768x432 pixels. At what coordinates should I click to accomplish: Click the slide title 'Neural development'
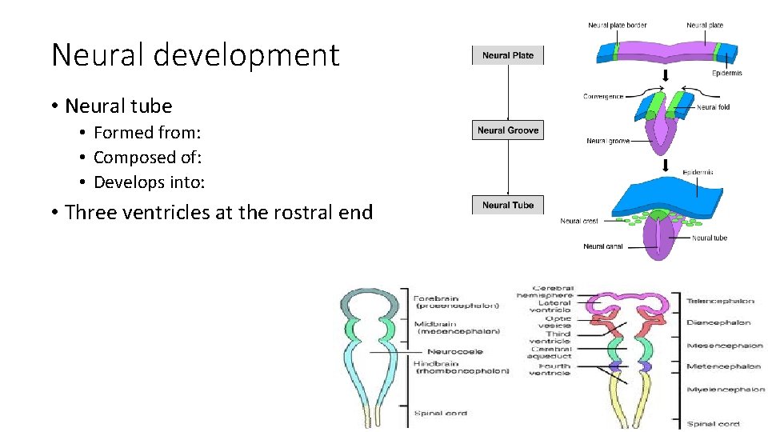pyautogui.click(x=195, y=55)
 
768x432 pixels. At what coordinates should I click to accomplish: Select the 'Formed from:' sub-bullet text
pyautogui.click(x=146, y=133)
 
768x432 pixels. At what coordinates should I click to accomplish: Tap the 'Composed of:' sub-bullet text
pyautogui.click(x=147, y=158)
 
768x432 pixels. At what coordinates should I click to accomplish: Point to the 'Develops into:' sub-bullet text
pyautogui.click(x=149, y=182)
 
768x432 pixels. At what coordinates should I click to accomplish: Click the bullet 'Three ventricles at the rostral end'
pyautogui.click(x=218, y=212)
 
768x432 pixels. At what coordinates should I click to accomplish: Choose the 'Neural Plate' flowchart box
pyautogui.click(x=508, y=56)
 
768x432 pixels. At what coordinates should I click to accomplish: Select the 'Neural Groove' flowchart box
pyautogui.click(x=508, y=130)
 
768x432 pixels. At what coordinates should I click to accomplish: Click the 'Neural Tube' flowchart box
pyautogui.click(x=508, y=205)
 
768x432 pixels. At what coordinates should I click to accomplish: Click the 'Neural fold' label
pyautogui.click(x=713, y=107)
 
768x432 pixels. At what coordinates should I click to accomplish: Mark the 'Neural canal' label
pyautogui.click(x=603, y=246)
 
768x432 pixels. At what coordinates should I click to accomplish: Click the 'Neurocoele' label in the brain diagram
pyautogui.click(x=454, y=351)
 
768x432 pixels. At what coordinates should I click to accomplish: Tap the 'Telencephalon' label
pyautogui.click(x=720, y=302)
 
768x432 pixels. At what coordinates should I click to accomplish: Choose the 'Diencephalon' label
pyautogui.click(x=718, y=323)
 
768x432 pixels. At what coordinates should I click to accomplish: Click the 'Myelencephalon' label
pyautogui.click(x=725, y=390)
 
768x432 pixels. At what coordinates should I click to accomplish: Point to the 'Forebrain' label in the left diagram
pyautogui.click(x=437, y=298)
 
